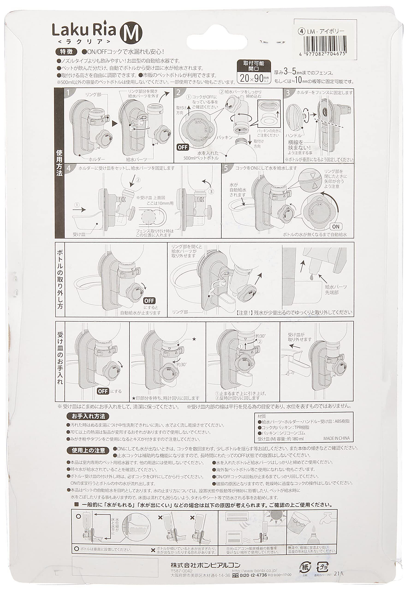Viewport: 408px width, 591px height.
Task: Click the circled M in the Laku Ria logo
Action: [131, 34]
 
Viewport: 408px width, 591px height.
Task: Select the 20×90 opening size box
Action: [254, 78]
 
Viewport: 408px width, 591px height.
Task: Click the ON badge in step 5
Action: [336, 226]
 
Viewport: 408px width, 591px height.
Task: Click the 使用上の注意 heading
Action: [88, 450]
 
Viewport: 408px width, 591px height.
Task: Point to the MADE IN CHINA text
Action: [336, 438]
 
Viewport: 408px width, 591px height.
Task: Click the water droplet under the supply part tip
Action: [313, 277]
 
